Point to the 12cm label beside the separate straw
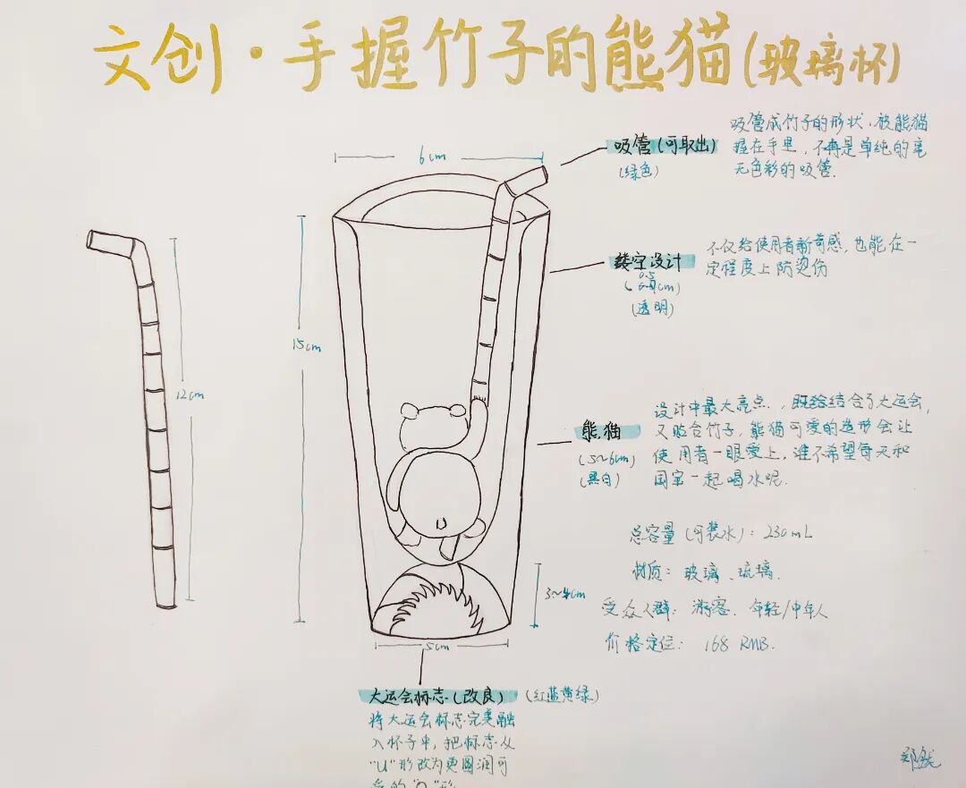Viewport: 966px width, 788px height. point(191,394)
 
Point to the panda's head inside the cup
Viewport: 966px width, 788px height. point(434,427)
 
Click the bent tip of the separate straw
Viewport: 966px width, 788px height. point(109,240)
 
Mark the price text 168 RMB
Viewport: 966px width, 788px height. point(739,644)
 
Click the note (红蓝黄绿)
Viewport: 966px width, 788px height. point(562,695)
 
